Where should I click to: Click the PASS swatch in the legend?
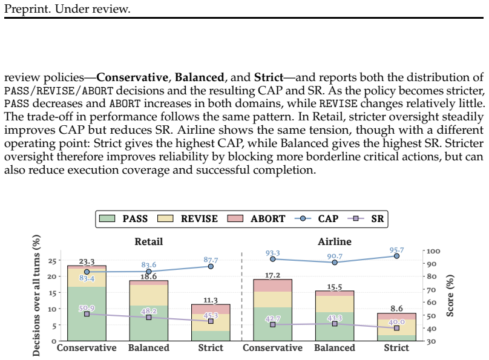(x=107, y=218)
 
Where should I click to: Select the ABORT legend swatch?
(x=235, y=218)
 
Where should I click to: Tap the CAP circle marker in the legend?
(x=303, y=218)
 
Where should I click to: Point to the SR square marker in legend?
(x=355, y=218)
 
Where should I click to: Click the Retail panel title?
(x=149, y=241)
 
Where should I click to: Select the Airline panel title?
(x=335, y=241)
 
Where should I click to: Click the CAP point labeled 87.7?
(x=211, y=266)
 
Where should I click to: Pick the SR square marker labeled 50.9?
(x=87, y=314)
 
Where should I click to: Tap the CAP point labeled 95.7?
(x=396, y=256)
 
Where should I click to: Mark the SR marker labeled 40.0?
(x=396, y=328)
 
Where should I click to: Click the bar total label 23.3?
(x=87, y=261)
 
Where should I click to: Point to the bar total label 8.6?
(x=396, y=309)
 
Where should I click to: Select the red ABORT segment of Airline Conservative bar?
(x=273, y=286)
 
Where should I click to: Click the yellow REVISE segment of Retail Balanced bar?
(x=149, y=295)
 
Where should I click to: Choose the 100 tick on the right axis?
(x=433, y=251)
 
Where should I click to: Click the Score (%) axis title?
(x=450, y=295)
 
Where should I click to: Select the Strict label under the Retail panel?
(x=211, y=347)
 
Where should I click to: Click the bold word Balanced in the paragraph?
(x=199, y=77)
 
